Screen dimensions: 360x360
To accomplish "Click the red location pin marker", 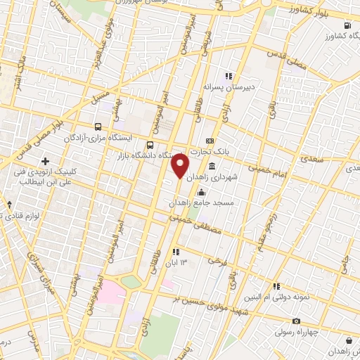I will (180, 166).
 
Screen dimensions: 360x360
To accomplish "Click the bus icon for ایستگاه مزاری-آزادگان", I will (96, 128).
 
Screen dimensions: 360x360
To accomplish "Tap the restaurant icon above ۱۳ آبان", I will (175, 251).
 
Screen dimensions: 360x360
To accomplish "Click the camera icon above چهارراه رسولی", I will (296, 321).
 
